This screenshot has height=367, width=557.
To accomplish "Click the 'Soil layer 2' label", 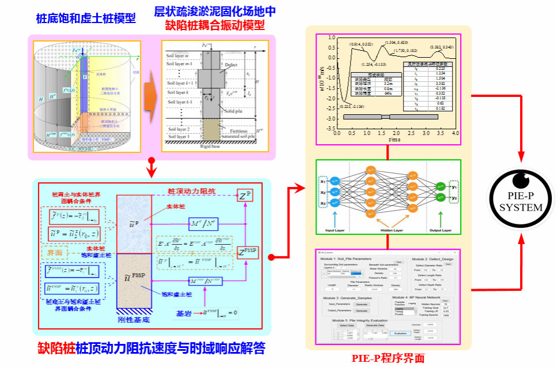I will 177,130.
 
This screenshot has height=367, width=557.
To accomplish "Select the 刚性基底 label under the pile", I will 134,319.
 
